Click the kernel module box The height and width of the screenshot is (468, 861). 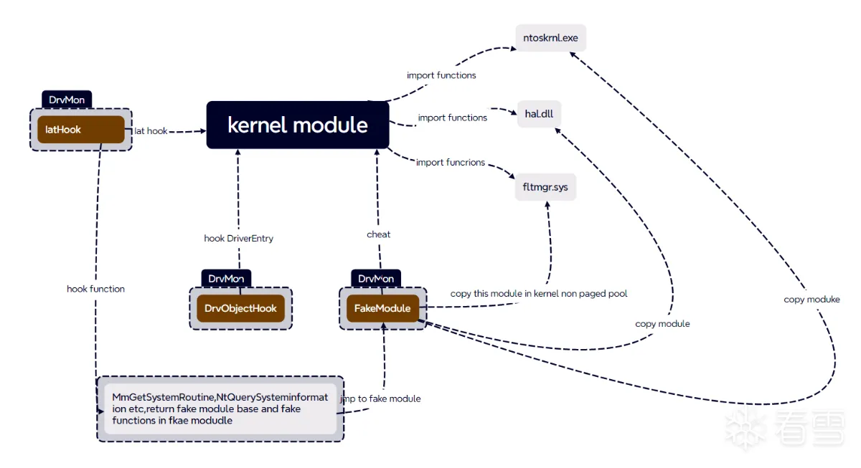point(297,125)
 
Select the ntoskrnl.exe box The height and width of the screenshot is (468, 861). point(550,37)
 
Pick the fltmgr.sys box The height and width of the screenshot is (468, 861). point(545,188)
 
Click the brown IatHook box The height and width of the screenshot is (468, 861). point(80,130)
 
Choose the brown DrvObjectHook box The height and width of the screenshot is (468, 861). point(240,308)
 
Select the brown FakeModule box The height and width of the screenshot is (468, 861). point(383,308)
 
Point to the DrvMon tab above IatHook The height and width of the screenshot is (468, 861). point(67,100)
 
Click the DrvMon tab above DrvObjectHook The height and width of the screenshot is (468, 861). point(226,278)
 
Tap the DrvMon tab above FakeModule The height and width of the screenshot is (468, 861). point(376,278)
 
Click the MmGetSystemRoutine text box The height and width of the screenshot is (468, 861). point(220,409)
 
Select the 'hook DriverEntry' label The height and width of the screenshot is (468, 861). point(238,238)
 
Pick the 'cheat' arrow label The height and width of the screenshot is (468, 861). point(379,234)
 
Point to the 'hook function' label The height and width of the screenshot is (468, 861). point(95,289)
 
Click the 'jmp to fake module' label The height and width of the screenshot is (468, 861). point(380,398)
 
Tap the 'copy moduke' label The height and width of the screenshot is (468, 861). point(811,299)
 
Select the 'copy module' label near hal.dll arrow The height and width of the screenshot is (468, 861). point(662,324)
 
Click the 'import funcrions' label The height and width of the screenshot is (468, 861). point(451,163)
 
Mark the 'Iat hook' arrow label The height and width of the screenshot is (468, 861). point(151,131)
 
